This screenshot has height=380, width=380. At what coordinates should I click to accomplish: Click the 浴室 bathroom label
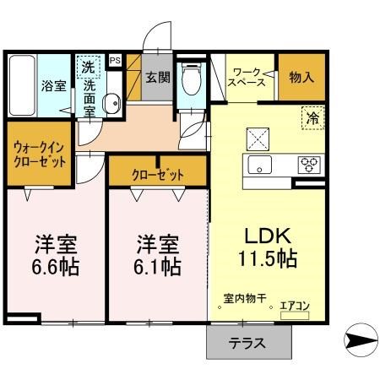click(x=53, y=85)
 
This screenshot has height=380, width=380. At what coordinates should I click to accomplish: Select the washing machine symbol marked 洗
click(x=88, y=65)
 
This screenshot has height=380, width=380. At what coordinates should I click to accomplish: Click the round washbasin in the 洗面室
click(x=110, y=104)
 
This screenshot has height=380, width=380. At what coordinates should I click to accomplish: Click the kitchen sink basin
click(x=258, y=164)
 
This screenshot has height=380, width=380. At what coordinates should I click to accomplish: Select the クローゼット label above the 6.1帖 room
click(x=157, y=174)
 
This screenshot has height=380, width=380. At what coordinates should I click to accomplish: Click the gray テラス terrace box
click(x=248, y=343)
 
